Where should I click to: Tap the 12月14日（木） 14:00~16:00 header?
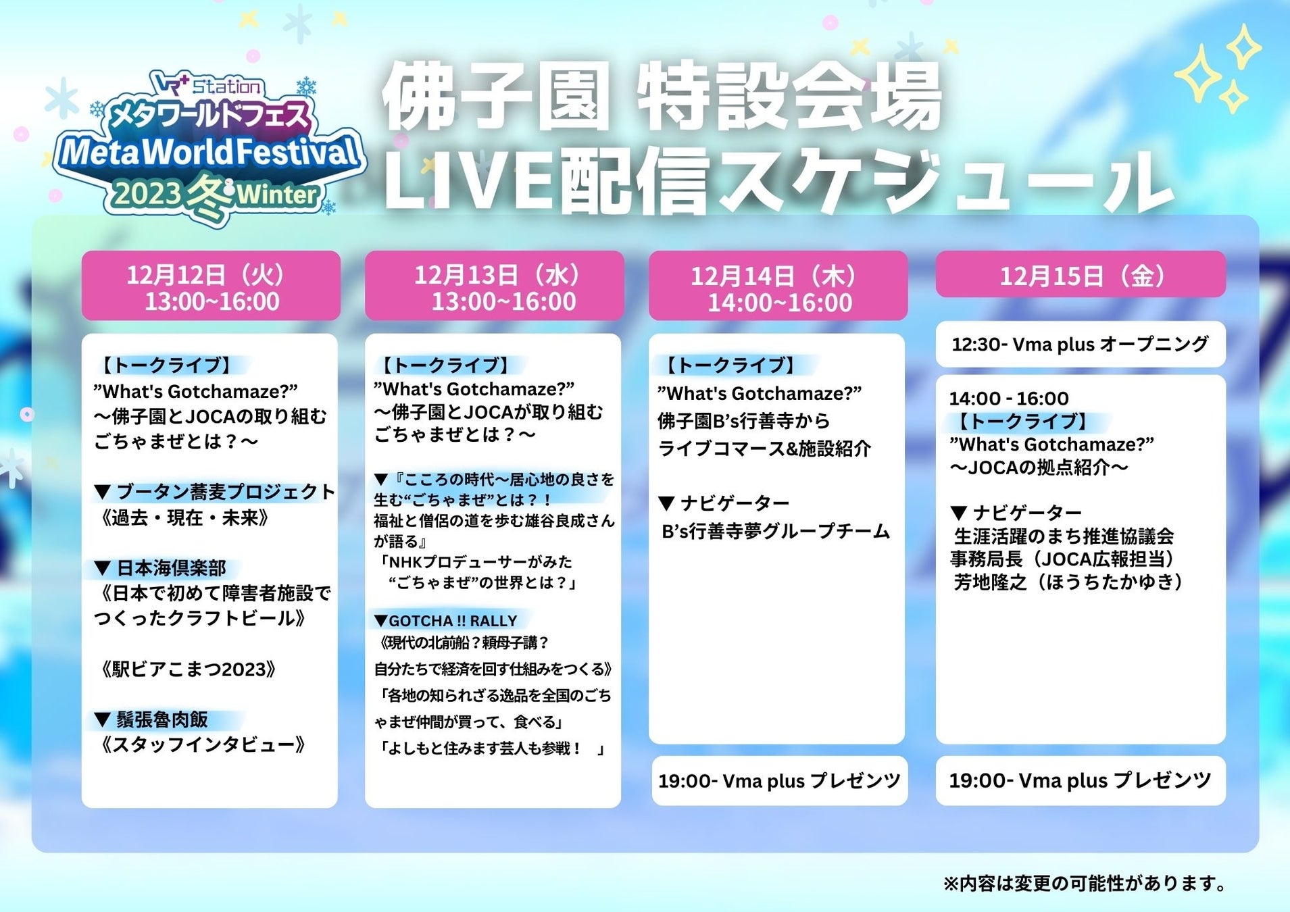(x=778, y=287)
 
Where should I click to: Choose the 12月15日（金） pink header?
(x=1081, y=275)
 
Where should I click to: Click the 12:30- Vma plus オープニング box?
(x=1080, y=345)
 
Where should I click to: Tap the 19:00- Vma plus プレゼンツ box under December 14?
(x=779, y=781)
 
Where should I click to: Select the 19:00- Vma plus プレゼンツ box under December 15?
(x=1080, y=781)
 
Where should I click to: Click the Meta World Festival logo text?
(x=209, y=152)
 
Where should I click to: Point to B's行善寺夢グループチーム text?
(x=774, y=532)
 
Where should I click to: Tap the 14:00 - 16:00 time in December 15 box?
(x=1008, y=399)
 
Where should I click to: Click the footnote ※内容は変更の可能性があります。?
(x=1085, y=884)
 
